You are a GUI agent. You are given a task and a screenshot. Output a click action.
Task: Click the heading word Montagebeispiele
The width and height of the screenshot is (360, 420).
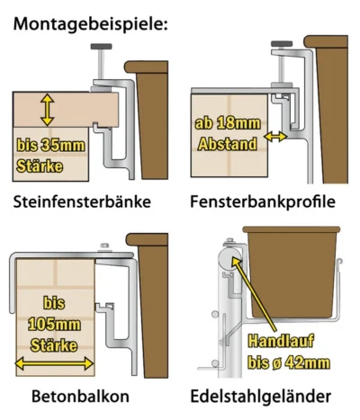pos(90,22)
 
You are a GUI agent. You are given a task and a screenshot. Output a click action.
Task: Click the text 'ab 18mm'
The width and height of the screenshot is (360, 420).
pos(226,125)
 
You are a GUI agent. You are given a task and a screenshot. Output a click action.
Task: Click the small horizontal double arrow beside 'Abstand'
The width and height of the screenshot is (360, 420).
pos(273,139)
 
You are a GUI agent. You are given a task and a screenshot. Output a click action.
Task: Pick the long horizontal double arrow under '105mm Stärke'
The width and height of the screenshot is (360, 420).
pos(55,364)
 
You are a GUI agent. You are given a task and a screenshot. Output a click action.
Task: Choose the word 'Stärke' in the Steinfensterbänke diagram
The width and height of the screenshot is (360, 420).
pos(43,165)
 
